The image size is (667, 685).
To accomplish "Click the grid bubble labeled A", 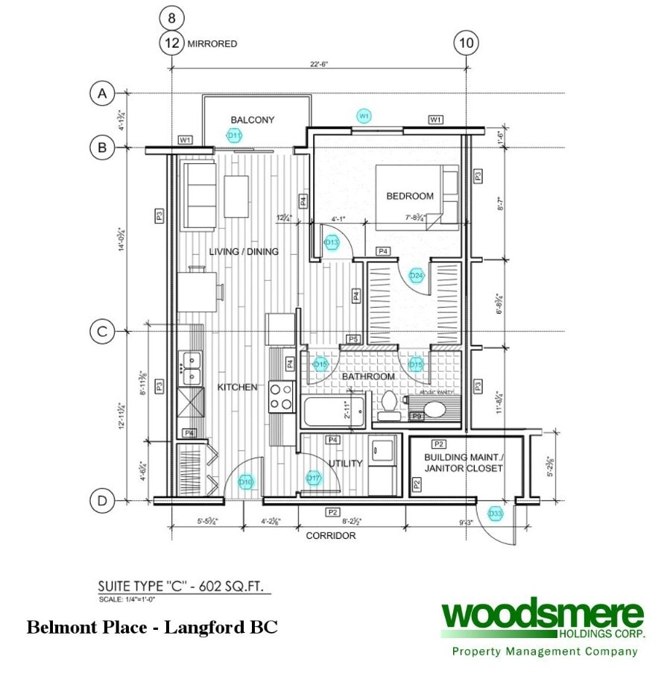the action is click(101, 94).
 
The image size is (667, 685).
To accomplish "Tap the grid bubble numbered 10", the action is click(466, 43).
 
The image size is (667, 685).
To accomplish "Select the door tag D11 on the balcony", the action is click(235, 136).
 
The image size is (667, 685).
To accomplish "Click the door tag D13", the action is click(332, 242).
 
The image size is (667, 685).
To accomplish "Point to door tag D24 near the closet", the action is click(417, 276).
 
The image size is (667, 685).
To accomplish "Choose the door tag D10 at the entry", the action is click(246, 482).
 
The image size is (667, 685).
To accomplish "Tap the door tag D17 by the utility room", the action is click(314, 478).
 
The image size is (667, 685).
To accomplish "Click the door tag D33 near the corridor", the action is click(495, 514).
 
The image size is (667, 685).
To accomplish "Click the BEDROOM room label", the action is click(409, 196).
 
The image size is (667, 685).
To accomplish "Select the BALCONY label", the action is click(252, 120).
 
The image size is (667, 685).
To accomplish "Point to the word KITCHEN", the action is click(238, 388).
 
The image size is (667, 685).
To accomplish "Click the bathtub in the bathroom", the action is click(334, 411).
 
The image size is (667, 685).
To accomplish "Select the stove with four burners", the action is click(282, 396).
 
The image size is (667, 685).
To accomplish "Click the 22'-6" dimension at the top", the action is click(319, 64).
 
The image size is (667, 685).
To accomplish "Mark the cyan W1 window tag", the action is click(364, 116).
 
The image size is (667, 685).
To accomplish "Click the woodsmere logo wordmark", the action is click(542, 616).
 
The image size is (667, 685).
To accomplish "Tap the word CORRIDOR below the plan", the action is click(330, 535).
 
